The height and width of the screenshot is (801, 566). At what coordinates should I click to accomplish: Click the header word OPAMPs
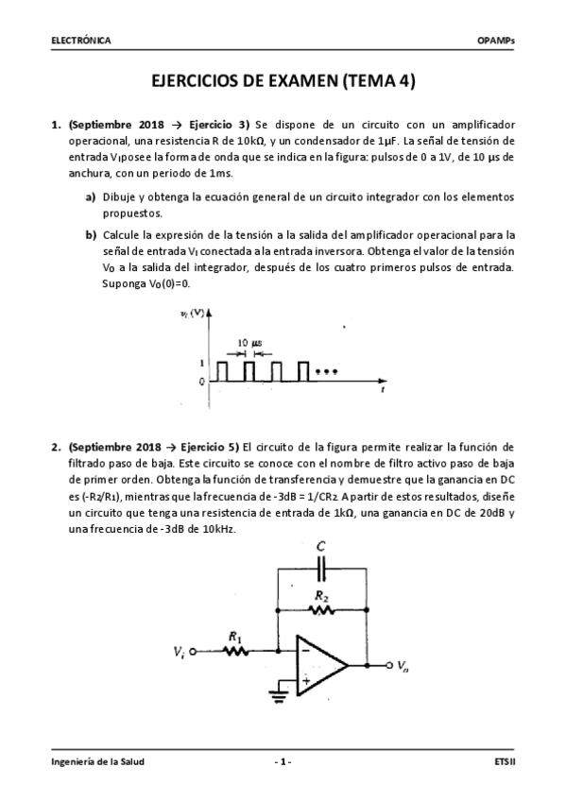coord(497,41)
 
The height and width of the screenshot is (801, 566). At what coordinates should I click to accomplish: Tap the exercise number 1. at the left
coord(56,124)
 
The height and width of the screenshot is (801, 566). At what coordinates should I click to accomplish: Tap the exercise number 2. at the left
coord(56,446)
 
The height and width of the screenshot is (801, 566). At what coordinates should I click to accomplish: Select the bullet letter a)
coord(91,196)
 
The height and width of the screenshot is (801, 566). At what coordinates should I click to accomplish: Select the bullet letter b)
coord(91,234)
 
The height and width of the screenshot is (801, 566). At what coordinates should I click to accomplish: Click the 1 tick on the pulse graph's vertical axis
coord(201,363)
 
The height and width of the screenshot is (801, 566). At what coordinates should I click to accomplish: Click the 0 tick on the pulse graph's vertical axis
coord(201,382)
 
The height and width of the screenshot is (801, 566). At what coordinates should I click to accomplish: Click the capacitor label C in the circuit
coord(321,546)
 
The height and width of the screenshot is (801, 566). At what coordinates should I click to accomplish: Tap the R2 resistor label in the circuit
coord(321,597)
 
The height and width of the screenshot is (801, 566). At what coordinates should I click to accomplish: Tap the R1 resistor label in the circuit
coord(234,638)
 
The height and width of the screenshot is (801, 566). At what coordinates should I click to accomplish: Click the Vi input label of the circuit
coord(179,652)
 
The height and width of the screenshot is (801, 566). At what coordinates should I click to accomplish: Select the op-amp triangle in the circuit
coord(321,665)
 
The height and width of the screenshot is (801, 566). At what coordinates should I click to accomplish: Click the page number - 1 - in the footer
coord(283,761)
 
